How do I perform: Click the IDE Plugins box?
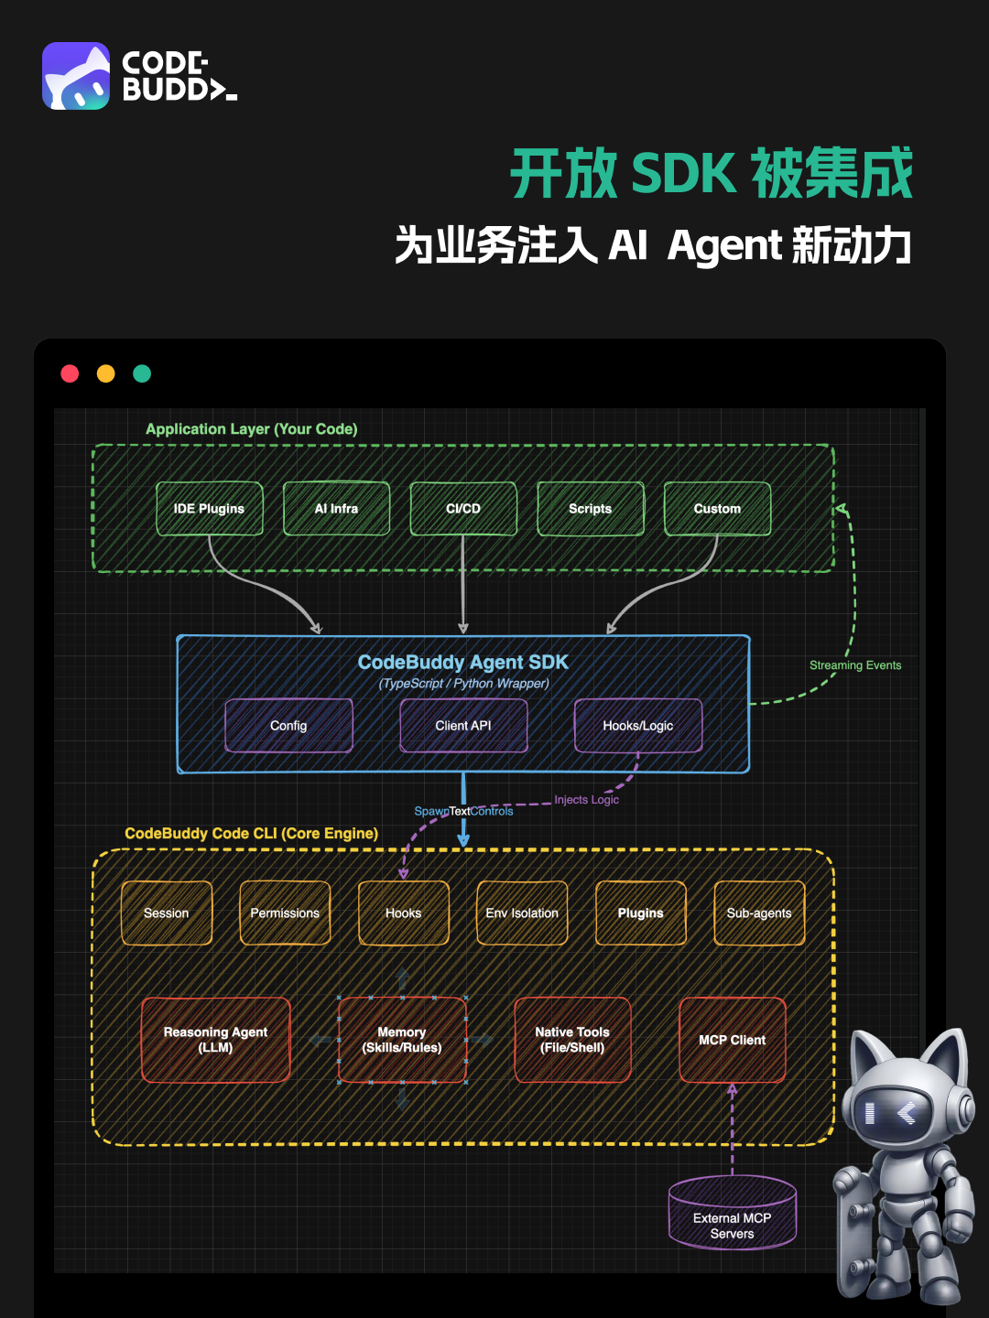(x=209, y=509)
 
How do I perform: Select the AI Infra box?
(x=336, y=509)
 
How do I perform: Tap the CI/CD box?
(x=463, y=509)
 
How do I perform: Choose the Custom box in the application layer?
(x=717, y=509)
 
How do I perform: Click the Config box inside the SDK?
(x=288, y=726)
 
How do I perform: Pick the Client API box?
(x=463, y=726)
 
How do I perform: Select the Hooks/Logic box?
(x=638, y=726)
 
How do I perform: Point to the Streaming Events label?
(x=855, y=665)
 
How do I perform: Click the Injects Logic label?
(x=586, y=800)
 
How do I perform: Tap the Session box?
(x=167, y=913)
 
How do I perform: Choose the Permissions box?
(x=285, y=913)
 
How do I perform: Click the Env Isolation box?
(x=522, y=913)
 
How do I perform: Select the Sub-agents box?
(x=759, y=913)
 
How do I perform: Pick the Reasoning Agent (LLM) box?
(x=216, y=1040)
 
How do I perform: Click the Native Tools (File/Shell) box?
(x=572, y=1040)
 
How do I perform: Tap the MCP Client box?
(x=733, y=1040)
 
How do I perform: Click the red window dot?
(x=70, y=373)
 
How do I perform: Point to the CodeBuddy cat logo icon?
(x=76, y=76)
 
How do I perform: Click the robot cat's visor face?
(x=893, y=1113)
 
